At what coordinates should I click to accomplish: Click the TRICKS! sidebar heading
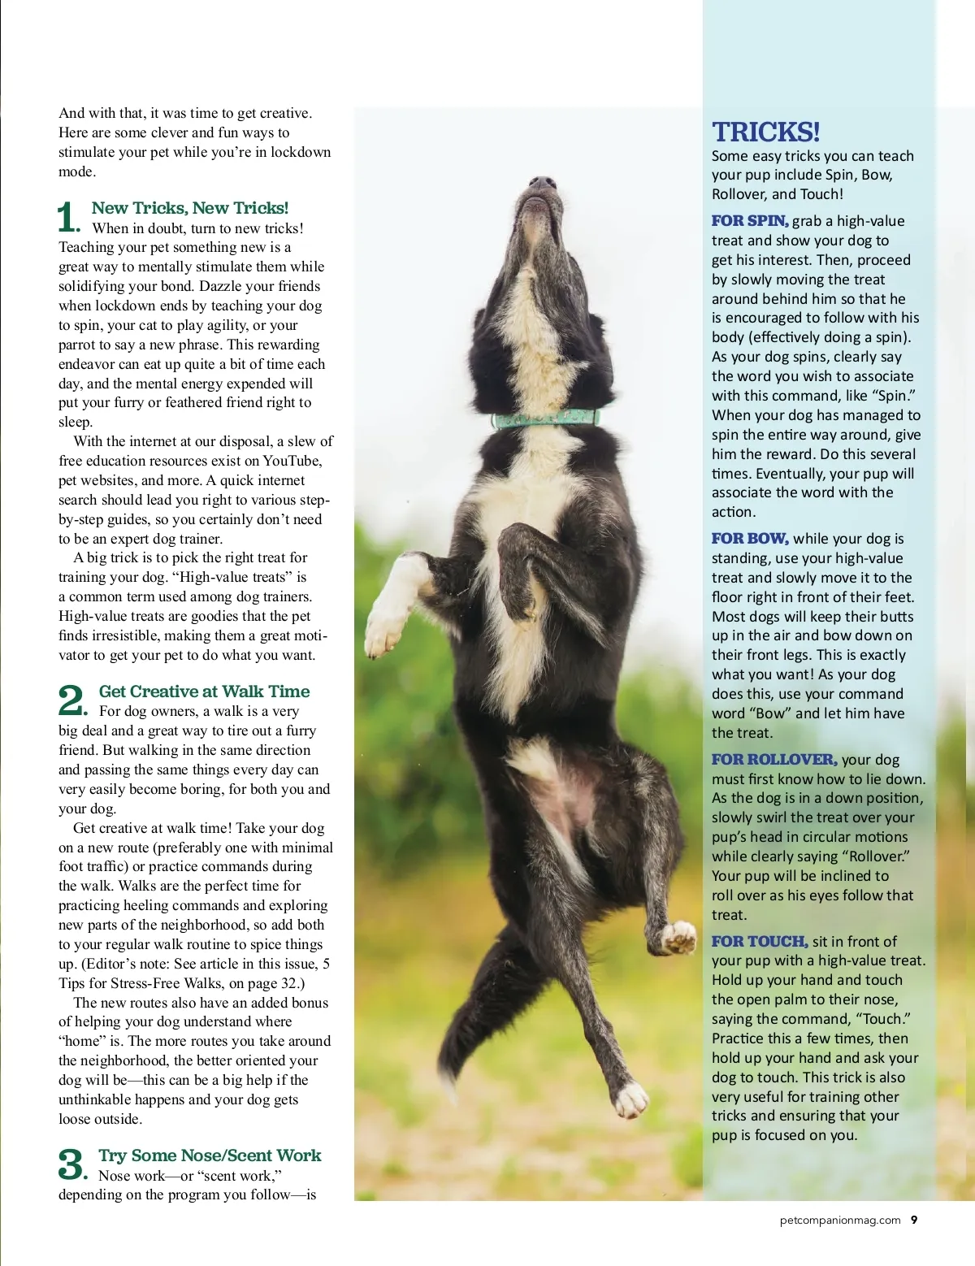tap(765, 132)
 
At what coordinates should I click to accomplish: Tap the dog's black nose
tap(542, 184)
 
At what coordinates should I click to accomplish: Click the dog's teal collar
tap(545, 419)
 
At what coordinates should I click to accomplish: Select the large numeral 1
tap(68, 218)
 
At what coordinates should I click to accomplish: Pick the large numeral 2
tap(71, 700)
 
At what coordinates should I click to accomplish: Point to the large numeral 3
tap(71, 1164)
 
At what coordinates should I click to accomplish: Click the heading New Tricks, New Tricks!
tap(189, 208)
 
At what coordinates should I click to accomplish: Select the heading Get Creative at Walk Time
tap(204, 692)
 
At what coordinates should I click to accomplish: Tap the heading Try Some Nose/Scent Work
tap(210, 1155)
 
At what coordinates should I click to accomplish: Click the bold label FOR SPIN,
tap(749, 221)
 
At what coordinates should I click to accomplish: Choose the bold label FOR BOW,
tap(749, 539)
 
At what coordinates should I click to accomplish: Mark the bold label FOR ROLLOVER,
tap(773, 760)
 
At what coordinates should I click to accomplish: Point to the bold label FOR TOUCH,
tap(759, 942)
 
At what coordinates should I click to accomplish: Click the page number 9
tap(914, 1220)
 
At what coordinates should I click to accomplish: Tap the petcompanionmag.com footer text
tap(840, 1220)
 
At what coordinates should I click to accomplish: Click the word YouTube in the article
tap(292, 461)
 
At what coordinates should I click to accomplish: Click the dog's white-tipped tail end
tap(630, 1100)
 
